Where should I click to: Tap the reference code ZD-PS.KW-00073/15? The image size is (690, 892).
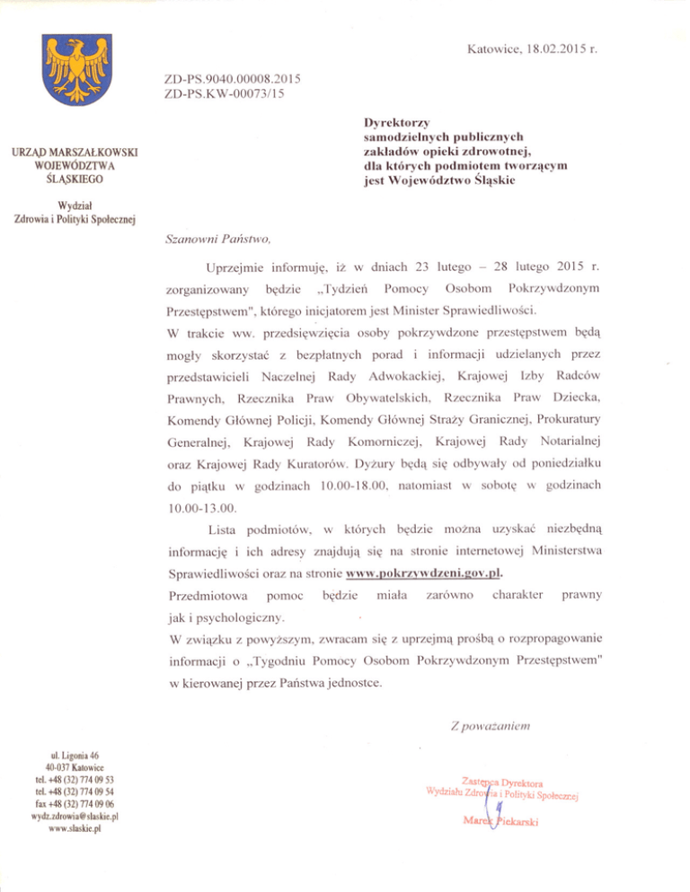pos(225,93)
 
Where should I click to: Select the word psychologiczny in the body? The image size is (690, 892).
pos(235,617)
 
